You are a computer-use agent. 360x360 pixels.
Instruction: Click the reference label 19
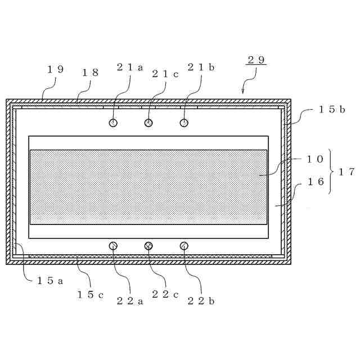pos(55,69)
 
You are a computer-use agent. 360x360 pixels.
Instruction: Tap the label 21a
pos(130,67)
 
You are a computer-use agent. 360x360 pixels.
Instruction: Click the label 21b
pos(201,67)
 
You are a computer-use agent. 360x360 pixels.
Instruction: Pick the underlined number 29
pos(256,60)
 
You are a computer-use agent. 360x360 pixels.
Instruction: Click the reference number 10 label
pos(314,159)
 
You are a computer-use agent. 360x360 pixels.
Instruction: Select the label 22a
pos(130,300)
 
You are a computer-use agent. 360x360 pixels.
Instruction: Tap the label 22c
pos(165,294)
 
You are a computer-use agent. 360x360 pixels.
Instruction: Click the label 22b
pos(201,300)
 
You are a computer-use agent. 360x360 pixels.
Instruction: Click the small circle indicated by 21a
pos(114,123)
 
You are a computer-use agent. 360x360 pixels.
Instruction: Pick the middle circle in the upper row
pos(148,123)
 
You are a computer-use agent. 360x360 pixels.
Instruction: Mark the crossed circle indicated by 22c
pos(148,245)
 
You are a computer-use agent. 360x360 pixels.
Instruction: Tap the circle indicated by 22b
pos(184,245)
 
